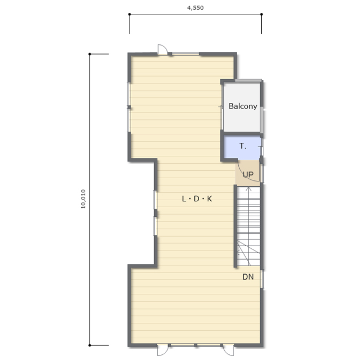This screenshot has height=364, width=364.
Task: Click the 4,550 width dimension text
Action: [x=195, y=7]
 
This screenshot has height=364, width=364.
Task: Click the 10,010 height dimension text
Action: [x=83, y=199]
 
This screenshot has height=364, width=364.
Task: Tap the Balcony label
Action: [x=243, y=106]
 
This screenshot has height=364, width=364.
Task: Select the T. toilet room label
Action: [x=243, y=146]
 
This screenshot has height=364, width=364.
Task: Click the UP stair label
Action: [x=248, y=175]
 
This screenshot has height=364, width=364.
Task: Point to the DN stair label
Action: [x=248, y=277]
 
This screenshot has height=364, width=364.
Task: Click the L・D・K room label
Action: [x=197, y=199]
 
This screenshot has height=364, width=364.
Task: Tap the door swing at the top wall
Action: [x=163, y=49]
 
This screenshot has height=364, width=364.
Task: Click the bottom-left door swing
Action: [x=163, y=350]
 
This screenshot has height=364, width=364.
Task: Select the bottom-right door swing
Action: [x=229, y=350]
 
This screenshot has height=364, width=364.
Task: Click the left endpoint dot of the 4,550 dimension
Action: [x=130, y=14]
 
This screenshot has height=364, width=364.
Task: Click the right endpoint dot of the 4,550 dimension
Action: [x=262, y=14]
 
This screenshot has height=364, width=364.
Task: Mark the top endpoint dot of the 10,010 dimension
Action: [x=89, y=54]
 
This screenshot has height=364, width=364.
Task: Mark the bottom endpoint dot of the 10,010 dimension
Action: [x=89, y=345]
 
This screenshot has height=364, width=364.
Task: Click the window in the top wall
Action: [x=186, y=54]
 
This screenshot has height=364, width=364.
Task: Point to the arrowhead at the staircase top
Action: [x=248, y=188]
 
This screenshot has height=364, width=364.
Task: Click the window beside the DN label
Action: [x=262, y=278]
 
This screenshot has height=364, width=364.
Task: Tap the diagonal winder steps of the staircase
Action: [x=248, y=253]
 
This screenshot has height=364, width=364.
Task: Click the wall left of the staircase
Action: [x=235, y=226]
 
